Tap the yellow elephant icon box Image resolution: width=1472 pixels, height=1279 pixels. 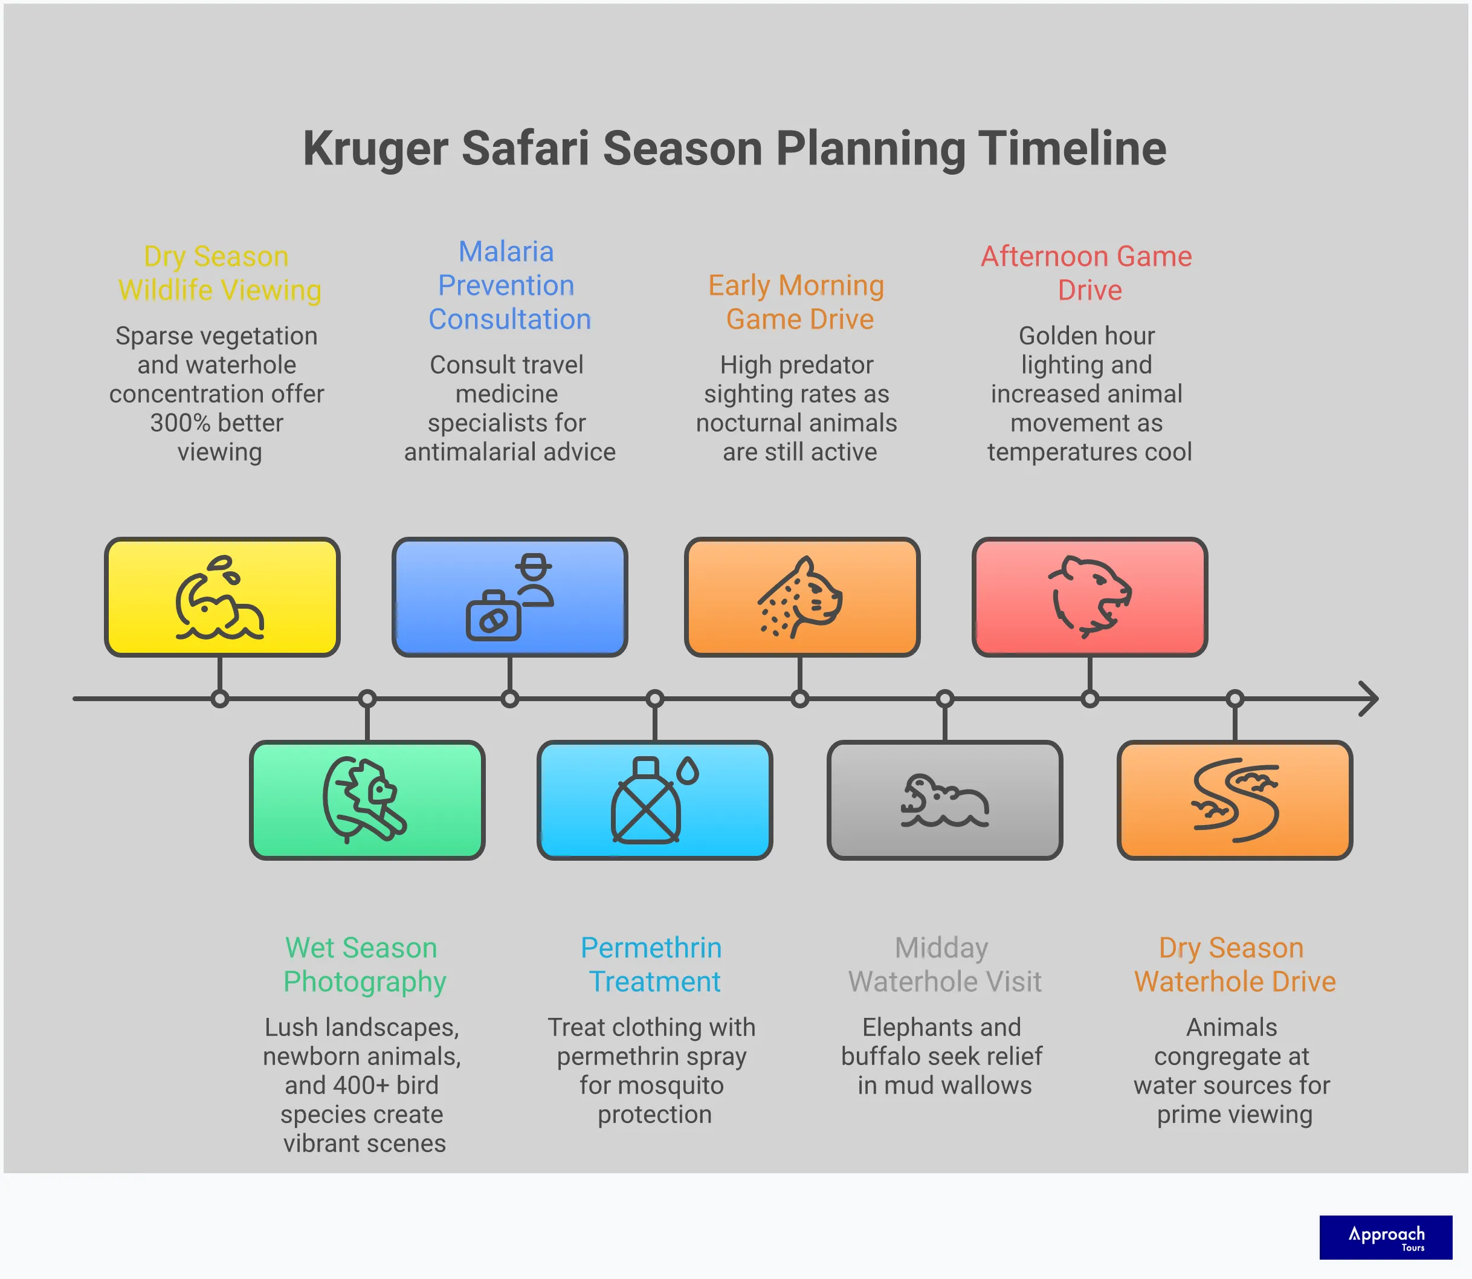pos(222,597)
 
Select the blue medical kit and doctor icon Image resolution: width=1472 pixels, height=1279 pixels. pos(509,597)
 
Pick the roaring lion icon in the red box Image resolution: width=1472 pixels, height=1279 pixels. pos(1089,597)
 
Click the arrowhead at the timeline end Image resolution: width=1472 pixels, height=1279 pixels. pos(1369,698)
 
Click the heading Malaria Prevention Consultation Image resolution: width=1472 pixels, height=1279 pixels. pos(509,285)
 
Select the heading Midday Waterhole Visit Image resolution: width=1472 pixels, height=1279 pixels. pos(944,964)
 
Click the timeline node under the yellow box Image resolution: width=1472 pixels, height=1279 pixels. pos(220,699)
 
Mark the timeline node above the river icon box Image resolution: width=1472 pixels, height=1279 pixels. pos(1235,699)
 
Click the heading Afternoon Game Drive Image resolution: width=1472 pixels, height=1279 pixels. pos(1086,273)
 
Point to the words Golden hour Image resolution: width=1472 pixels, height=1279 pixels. pos(1086,335)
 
